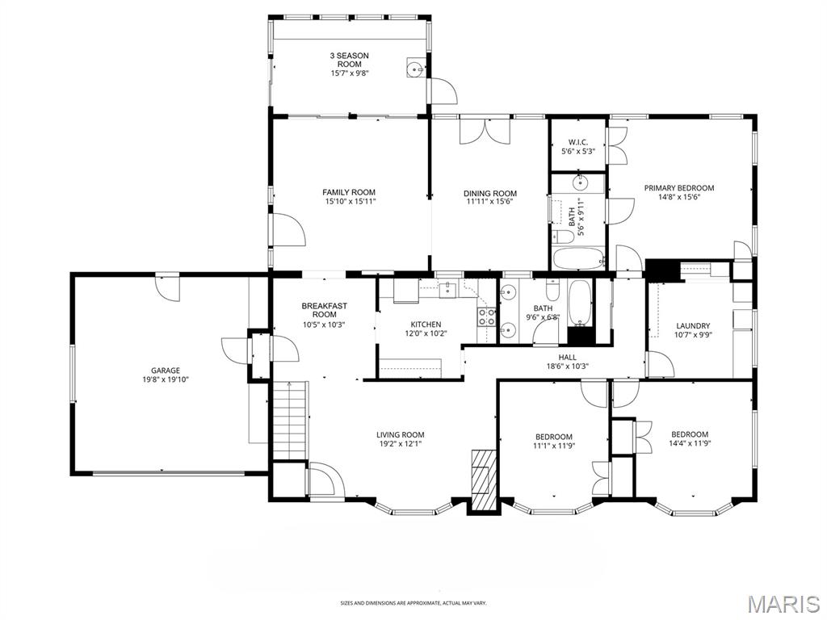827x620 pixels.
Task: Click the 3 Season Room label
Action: [x=349, y=60]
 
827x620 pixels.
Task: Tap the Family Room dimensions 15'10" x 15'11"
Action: [x=349, y=201]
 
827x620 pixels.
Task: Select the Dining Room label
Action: [x=490, y=193]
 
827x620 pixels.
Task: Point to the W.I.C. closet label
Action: [x=578, y=142]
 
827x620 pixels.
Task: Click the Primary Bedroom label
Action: [x=679, y=187]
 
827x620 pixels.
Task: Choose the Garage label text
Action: [x=166, y=370]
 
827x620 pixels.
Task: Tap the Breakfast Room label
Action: [x=325, y=310]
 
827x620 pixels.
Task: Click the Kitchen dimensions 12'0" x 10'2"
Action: [x=426, y=333]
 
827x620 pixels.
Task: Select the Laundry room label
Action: [x=693, y=326]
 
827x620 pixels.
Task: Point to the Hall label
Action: [x=568, y=357]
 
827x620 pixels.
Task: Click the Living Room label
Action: [x=401, y=435]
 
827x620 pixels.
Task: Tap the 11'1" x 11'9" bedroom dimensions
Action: [x=554, y=446]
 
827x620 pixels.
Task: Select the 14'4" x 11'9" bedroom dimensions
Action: [x=690, y=443]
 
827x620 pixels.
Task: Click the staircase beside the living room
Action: [x=290, y=421]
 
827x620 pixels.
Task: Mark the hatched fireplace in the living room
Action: [x=485, y=481]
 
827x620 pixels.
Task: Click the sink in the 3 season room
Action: [x=416, y=68]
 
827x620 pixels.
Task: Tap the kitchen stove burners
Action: [x=486, y=316]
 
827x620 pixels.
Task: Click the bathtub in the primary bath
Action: [x=578, y=258]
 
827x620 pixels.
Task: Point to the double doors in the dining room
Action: [x=485, y=132]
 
